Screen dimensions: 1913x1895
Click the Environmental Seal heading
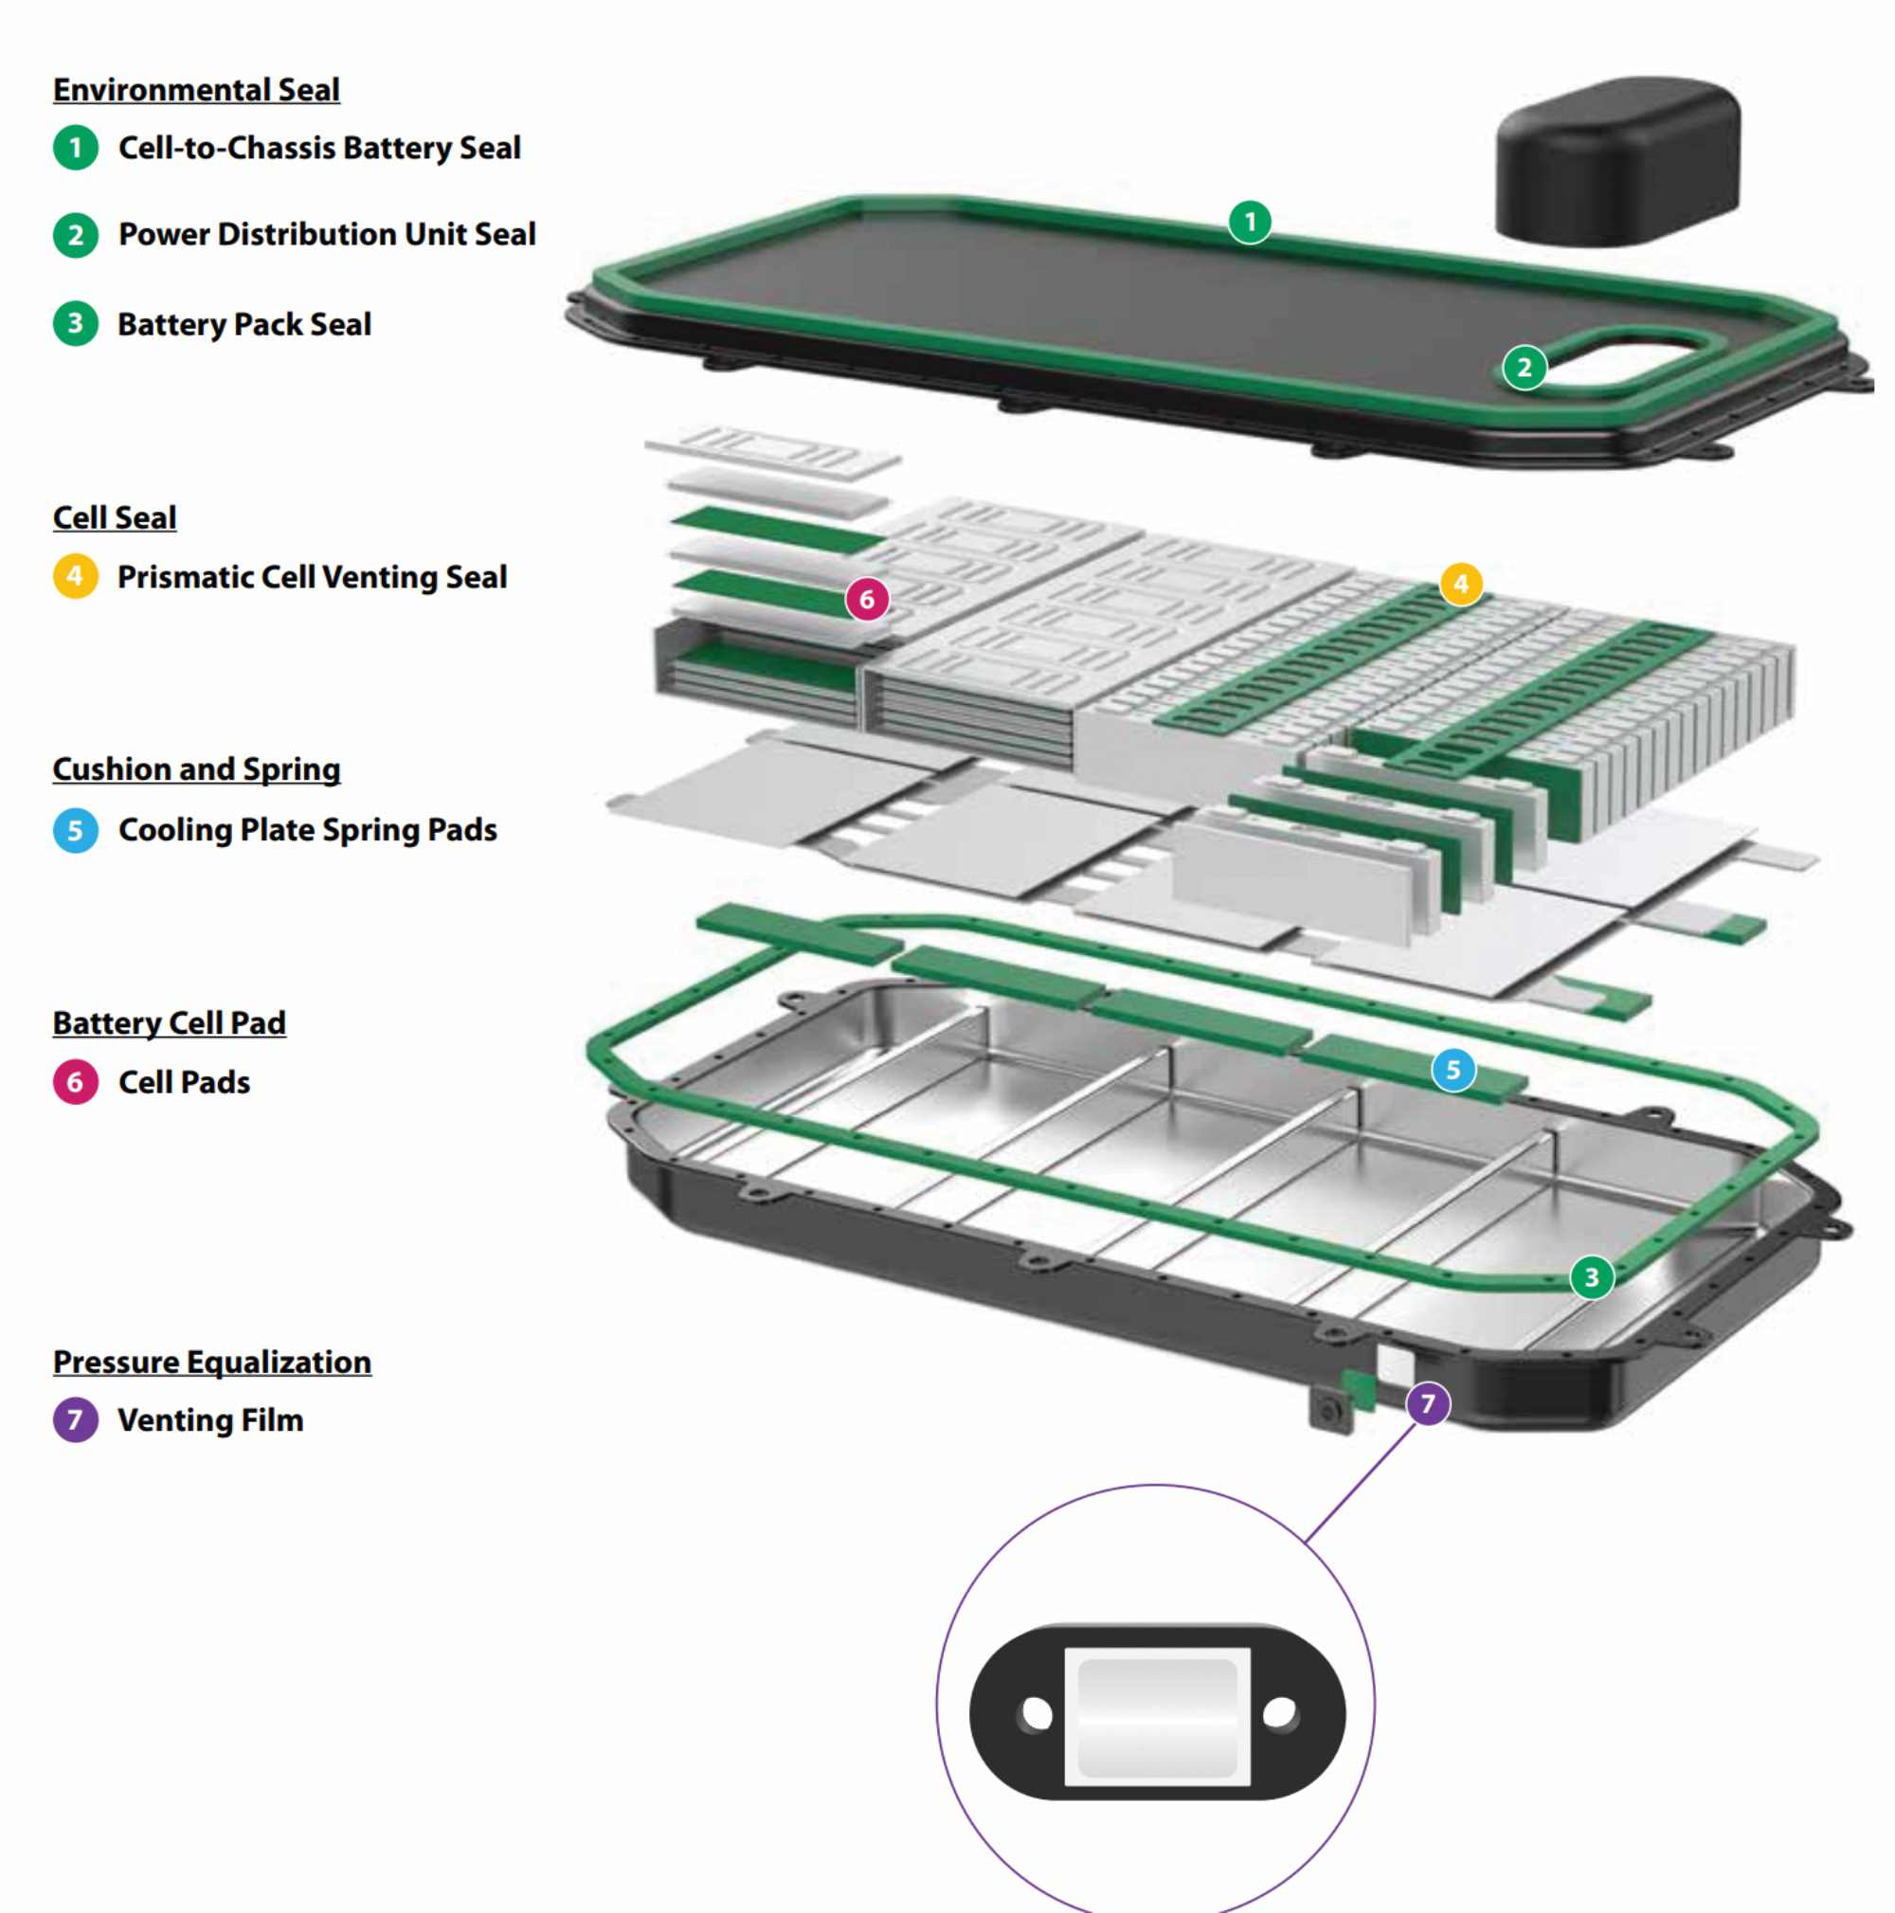196,90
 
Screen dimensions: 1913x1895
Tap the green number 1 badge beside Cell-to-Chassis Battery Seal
75,149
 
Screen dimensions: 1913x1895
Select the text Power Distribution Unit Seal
327,235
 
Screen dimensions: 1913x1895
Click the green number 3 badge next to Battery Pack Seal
75,324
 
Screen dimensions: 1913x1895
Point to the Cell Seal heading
115,518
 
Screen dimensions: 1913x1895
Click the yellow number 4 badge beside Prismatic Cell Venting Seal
75,576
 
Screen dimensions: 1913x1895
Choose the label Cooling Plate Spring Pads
307,830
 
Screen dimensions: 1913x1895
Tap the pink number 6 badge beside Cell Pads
75,1081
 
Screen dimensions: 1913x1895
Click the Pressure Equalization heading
212,1363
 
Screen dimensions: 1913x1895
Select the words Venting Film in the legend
210,1420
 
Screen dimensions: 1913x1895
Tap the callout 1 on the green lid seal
1250,222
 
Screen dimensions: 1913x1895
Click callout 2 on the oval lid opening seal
1524,368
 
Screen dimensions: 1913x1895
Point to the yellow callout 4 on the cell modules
1460,584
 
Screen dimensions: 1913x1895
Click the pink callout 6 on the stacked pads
866,599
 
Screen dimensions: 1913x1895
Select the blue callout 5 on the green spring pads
1453,1070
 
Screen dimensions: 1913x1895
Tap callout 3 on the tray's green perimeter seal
1591,1276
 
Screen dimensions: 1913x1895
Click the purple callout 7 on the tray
1427,1403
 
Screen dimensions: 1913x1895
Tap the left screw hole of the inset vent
1036,1713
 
